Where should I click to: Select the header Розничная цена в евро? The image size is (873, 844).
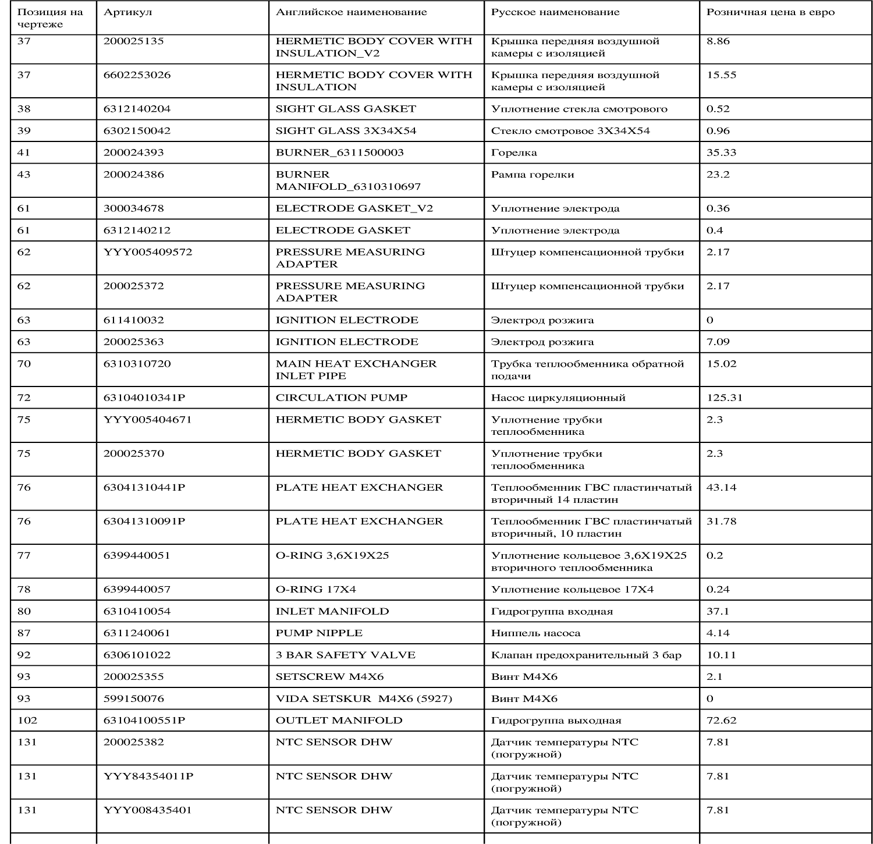pyautogui.click(x=770, y=12)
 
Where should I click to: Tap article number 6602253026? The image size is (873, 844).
pyautogui.click(x=137, y=75)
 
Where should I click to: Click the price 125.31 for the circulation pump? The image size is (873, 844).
pyautogui.click(x=724, y=398)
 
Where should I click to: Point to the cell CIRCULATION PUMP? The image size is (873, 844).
pyautogui.click(x=341, y=398)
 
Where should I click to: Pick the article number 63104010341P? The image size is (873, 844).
pyautogui.click(x=144, y=398)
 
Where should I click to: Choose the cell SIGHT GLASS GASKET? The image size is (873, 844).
pyautogui.click(x=346, y=109)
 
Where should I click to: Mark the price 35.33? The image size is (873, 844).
pyautogui.click(x=721, y=153)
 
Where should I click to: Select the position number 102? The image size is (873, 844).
pyautogui.click(x=27, y=721)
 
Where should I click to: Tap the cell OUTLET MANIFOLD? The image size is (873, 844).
pyautogui.click(x=339, y=721)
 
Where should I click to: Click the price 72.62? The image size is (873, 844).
pyautogui.click(x=721, y=721)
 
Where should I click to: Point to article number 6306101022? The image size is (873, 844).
pyautogui.click(x=137, y=655)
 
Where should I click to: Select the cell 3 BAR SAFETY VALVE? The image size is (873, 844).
pyautogui.click(x=345, y=655)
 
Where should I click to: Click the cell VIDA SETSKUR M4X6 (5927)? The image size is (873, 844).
pyautogui.click(x=364, y=699)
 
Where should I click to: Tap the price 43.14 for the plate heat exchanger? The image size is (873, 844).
pyautogui.click(x=721, y=488)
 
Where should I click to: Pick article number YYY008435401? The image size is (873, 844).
pyautogui.click(x=147, y=810)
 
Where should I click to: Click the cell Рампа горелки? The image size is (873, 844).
pyautogui.click(x=532, y=175)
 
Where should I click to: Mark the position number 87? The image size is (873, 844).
pyautogui.click(x=24, y=633)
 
